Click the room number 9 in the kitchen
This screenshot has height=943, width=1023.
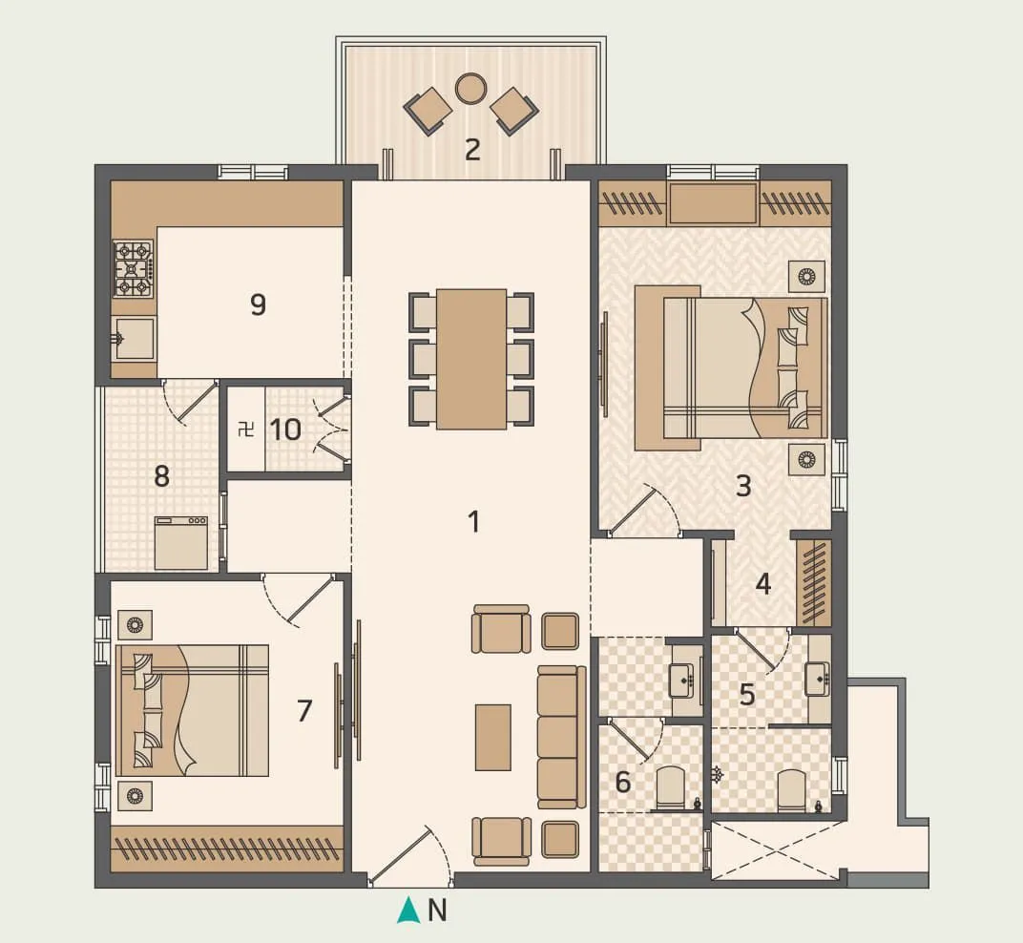[258, 304]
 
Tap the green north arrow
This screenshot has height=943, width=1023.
[408, 911]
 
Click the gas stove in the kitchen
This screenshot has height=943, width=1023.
[133, 268]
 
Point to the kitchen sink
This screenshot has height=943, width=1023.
[133, 338]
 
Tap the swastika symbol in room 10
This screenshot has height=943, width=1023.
[244, 429]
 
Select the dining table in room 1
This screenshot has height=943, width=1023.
[471, 359]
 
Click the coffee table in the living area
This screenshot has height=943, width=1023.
[492, 737]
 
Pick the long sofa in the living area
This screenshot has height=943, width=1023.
[560, 737]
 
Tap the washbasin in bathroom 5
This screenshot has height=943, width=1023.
[818, 679]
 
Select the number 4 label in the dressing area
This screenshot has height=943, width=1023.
[763, 583]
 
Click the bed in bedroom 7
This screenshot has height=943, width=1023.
[192, 710]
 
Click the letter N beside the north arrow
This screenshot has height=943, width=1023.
[437, 912]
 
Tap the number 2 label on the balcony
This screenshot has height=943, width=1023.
[471, 149]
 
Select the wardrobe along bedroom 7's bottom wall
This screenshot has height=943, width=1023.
[227, 848]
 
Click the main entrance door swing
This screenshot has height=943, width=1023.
[406, 856]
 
